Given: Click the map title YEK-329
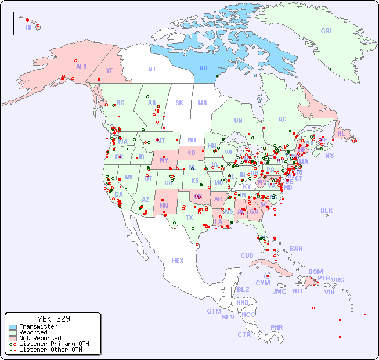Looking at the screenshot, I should [53, 319].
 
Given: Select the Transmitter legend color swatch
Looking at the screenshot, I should [13, 327].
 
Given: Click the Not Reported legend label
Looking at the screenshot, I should [39, 338].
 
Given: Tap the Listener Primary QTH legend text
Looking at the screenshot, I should [53, 344].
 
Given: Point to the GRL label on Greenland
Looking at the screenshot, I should [327, 31].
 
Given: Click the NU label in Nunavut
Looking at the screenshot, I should [203, 68].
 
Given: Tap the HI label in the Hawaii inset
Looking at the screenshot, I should [28, 27].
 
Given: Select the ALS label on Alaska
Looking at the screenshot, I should [81, 67].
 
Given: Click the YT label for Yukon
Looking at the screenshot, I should [109, 70].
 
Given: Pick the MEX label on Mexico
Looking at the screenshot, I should [178, 261].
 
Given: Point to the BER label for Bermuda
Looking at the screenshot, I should [326, 210].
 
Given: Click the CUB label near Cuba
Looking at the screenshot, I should [247, 255].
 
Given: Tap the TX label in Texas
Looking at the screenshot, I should [189, 218].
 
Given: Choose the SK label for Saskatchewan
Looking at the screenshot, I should [179, 103].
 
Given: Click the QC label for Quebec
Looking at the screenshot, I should [282, 119].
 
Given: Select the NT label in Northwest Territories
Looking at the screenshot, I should [152, 69].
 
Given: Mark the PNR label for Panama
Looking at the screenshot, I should [277, 327].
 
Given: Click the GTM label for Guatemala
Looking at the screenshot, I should [214, 311].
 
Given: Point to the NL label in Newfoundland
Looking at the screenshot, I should [341, 134].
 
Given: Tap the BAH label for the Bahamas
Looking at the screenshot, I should [296, 249].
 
